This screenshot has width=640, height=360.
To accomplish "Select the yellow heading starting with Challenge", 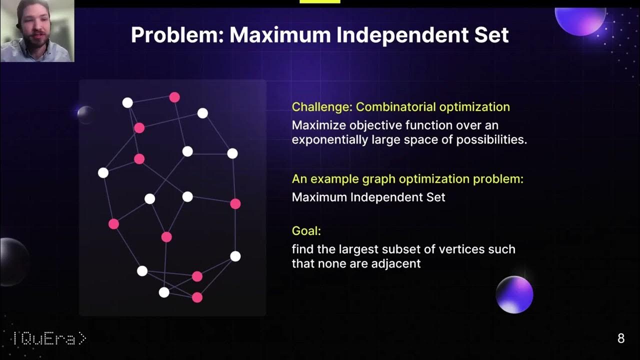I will tap(400, 107).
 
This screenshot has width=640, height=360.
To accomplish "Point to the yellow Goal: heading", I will tap(306, 231).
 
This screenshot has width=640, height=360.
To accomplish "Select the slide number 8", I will tap(621, 338).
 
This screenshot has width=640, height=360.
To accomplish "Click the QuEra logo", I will tap(49, 339).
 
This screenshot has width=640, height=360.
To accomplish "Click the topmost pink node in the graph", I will tap(174, 97).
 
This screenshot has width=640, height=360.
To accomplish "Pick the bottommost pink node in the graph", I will tap(197, 297).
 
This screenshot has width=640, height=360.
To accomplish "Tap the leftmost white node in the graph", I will tap(103, 173).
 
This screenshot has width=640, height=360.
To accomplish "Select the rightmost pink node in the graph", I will tap(235, 203).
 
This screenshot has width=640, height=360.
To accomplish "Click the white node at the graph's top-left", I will tap(127, 102).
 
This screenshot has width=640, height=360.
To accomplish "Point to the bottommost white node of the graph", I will tap(164, 292).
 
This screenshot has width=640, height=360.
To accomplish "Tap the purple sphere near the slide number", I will tap(514, 294).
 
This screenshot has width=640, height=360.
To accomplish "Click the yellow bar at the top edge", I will tap(319, 1).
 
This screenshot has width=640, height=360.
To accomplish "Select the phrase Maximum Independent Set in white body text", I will tap(368, 197).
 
